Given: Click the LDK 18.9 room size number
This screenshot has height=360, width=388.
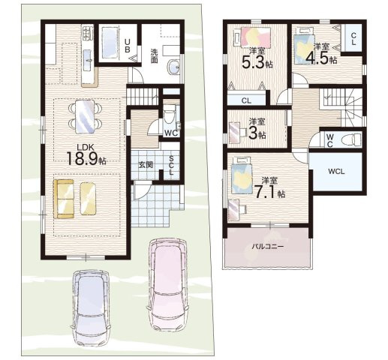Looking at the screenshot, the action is pos(82,159).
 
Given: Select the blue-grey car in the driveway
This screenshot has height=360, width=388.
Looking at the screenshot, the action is pos(92,307).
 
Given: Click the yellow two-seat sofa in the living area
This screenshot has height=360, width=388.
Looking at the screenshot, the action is pos(64,199).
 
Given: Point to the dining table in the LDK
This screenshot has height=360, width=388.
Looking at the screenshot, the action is pos(85,116).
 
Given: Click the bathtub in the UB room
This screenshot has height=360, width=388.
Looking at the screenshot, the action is pos(110,44).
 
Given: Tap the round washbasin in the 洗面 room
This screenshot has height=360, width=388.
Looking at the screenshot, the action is pos(173,67).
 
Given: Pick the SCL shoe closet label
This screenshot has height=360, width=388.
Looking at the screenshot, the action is pos(171,165).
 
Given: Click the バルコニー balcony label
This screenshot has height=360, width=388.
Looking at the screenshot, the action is pos(268,247).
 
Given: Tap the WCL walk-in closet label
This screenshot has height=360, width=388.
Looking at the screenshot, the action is pos(336,172).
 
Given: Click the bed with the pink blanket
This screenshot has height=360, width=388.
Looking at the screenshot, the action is pos(253,37).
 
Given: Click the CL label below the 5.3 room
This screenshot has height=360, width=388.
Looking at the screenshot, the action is pos(246,101).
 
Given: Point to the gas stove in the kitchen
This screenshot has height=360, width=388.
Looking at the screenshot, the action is pos(88,33).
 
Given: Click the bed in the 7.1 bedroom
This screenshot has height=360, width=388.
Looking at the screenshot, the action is pos(241,175).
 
